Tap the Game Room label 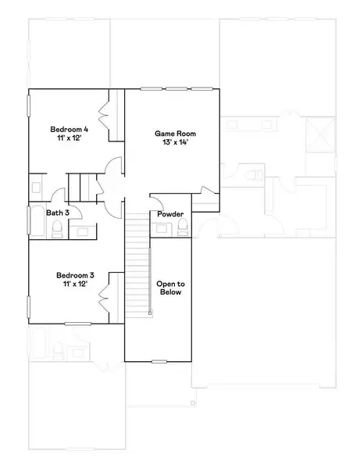coord(173,134)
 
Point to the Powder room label coord(170,214)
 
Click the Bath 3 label coord(58,213)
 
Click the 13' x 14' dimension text coord(173,143)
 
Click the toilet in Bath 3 coord(57,227)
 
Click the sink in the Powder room coord(162,227)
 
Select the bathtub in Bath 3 coord(36,221)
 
